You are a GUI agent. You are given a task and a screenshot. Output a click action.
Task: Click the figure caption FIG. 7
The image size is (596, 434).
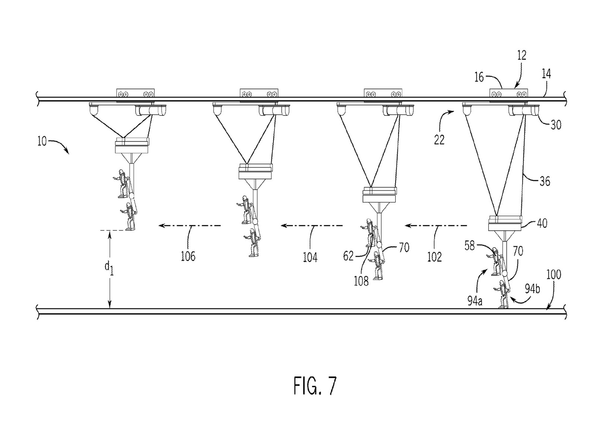(315, 386)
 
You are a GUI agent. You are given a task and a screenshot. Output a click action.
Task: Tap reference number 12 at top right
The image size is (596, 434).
(522, 55)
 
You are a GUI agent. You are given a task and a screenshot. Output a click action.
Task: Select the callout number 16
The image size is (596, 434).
(479, 77)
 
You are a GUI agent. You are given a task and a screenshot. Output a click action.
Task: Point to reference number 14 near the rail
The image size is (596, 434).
(546, 74)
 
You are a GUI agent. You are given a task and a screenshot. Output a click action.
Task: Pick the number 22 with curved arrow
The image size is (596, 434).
(439, 140)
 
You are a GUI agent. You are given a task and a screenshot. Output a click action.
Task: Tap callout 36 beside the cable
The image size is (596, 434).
(544, 181)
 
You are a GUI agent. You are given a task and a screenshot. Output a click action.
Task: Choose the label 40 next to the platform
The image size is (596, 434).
(541, 223)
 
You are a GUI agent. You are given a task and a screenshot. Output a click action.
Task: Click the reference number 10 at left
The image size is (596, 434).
(42, 141)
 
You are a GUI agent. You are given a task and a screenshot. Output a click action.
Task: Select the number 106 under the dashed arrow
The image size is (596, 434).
(188, 256)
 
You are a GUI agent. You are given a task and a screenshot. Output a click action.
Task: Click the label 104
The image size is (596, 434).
(310, 257)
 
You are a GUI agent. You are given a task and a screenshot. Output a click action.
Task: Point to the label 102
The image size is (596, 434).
(434, 257)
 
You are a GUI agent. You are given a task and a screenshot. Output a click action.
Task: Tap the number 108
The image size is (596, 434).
(361, 281)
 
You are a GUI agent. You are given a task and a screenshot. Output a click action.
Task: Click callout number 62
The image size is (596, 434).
(349, 256)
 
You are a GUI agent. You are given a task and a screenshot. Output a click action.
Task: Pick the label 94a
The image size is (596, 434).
(475, 301)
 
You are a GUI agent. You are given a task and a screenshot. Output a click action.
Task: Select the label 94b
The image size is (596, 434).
(532, 289)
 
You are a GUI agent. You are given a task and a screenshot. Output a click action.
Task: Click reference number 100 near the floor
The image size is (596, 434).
(554, 274)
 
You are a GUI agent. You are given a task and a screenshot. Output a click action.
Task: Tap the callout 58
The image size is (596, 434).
(470, 246)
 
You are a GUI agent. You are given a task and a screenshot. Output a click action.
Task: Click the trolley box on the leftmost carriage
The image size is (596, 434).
(136, 93)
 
